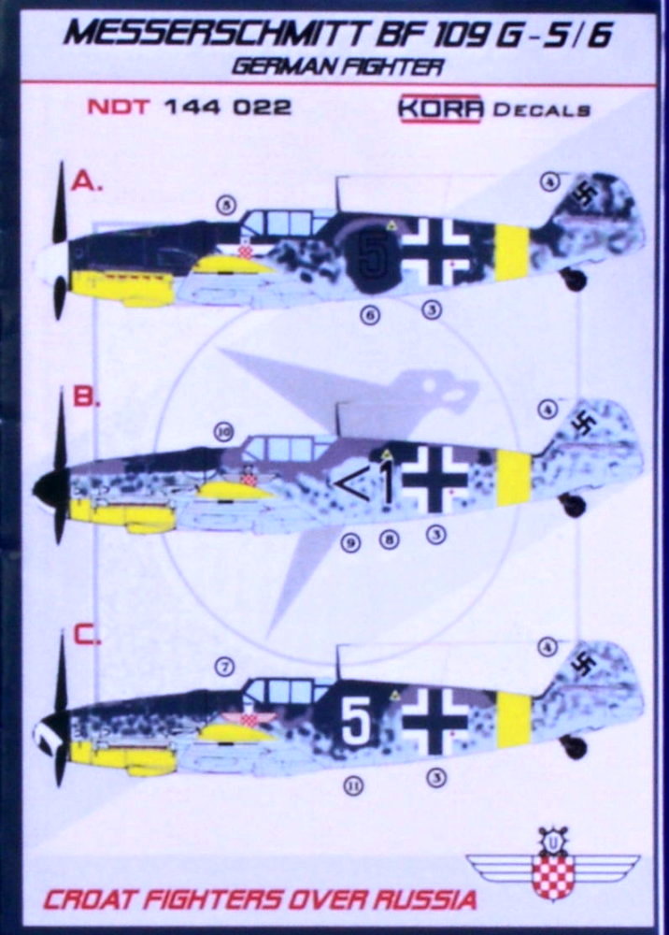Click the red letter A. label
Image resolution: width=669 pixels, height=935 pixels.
[x=87, y=181]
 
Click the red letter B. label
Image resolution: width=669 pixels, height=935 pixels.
[x=86, y=396]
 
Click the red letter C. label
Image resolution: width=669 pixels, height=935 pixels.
[x=87, y=636]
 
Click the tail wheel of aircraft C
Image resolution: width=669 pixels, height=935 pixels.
[x=575, y=746]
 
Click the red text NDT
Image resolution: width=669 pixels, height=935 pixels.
[x=119, y=108]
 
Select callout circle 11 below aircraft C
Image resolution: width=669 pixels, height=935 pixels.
[x=354, y=787]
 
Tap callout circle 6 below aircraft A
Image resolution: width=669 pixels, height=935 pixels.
[x=371, y=314]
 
